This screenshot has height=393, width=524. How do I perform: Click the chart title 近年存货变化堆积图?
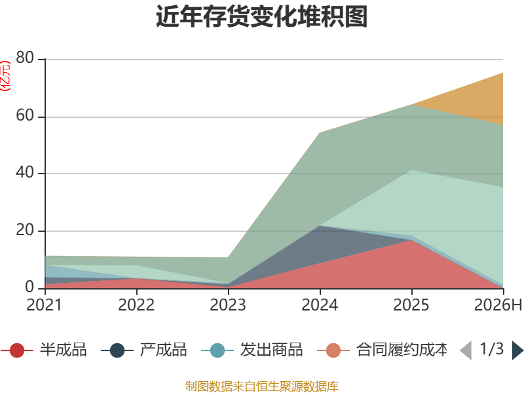tap(261, 16)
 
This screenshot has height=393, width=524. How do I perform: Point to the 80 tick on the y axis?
tap(25, 58)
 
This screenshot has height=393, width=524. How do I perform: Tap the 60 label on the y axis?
tap(25, 116)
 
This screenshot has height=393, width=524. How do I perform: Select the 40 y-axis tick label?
tap(25, 173)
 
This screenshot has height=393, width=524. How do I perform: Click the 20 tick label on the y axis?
tap(25, 231)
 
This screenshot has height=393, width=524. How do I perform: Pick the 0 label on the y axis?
tap(29, 287)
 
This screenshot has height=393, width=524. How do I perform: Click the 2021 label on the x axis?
tap(44, 305)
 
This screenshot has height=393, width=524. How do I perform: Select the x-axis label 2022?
tap(136, 305)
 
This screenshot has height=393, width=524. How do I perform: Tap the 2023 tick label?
tap(228, 305)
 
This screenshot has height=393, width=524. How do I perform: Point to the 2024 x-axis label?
tap(320, 305)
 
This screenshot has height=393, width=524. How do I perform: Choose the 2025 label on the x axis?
tap(411, 305)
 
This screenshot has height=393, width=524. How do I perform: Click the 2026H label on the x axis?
tap(498, 305)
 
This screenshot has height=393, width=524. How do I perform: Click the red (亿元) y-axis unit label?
tap(5, 76)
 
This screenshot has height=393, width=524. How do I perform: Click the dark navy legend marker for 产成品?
tap(117, 350)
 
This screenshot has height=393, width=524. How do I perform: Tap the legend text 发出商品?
tap(271, 350)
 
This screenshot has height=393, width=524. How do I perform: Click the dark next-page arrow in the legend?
tap(517, 350)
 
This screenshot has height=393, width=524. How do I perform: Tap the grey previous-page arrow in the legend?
tap(466, 350)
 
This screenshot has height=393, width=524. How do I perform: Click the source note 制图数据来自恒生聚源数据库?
tap(262, 386)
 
